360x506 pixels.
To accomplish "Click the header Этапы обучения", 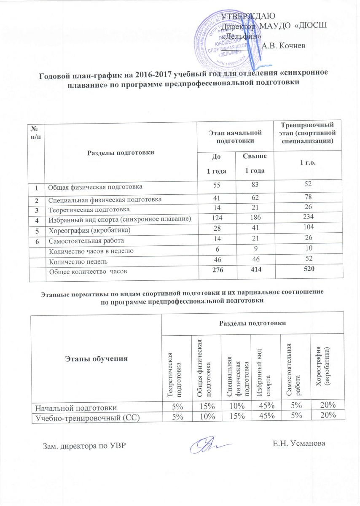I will pyautogui.click(x=96, y=359).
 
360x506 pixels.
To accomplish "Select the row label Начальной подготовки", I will pyautogui.click(x=76, y=406).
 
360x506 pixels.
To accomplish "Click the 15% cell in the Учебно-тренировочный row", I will pyautogui.click(x=236, y=415).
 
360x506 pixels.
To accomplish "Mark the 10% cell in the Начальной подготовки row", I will pyautogui.click(x=236, y=406).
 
